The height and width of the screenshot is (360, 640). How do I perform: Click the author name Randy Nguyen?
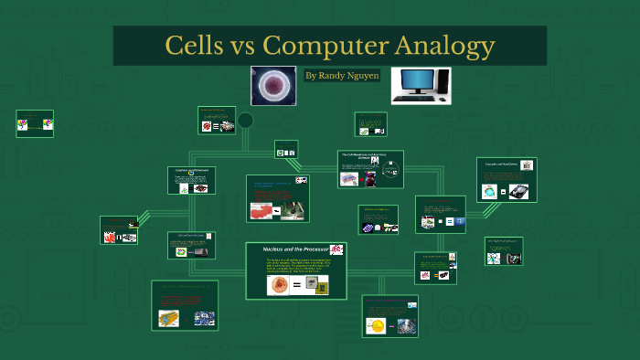(342, 76)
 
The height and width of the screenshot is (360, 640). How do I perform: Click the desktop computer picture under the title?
(421, 85)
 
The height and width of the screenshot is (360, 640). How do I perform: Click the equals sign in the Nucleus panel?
(296, 285)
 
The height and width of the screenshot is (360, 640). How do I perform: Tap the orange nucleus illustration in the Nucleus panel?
(278, 285)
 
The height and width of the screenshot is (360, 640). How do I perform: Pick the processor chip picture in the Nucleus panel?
(316, 284)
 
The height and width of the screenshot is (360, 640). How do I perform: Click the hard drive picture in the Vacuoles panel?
(518, 192)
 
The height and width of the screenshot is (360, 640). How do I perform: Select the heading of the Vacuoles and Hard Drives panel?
(501, 164)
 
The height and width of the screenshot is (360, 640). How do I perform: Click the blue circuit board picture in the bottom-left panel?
(203, 319)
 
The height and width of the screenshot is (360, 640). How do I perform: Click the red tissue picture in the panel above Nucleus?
(261, 211)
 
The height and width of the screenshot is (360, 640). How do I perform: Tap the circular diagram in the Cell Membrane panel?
(389, 170)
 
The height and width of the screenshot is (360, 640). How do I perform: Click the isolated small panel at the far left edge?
(35, 122)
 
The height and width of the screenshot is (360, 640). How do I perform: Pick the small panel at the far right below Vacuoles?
(503, 251)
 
